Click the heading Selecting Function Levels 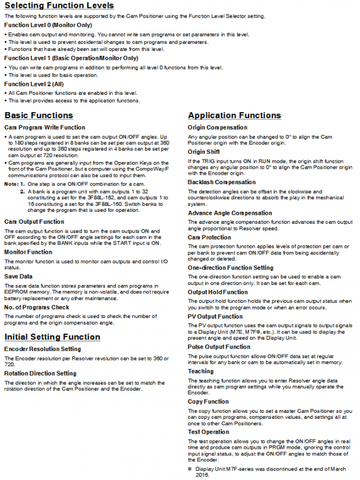[x=59, y=5]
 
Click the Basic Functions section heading [x=40, y=115]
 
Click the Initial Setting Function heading [x=52, y=337]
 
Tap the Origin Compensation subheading [x=217, y=128]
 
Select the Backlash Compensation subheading [x=221, y=182]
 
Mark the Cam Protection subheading [x=209, y=237]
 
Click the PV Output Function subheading [x=215, y=316]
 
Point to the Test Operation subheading [x=208, y=431]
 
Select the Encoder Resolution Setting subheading [x=43, y=349]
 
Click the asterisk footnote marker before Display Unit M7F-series [x=190, y=468]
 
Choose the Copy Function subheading [x=208, y=401]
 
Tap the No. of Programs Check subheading [x=38, y=307]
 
